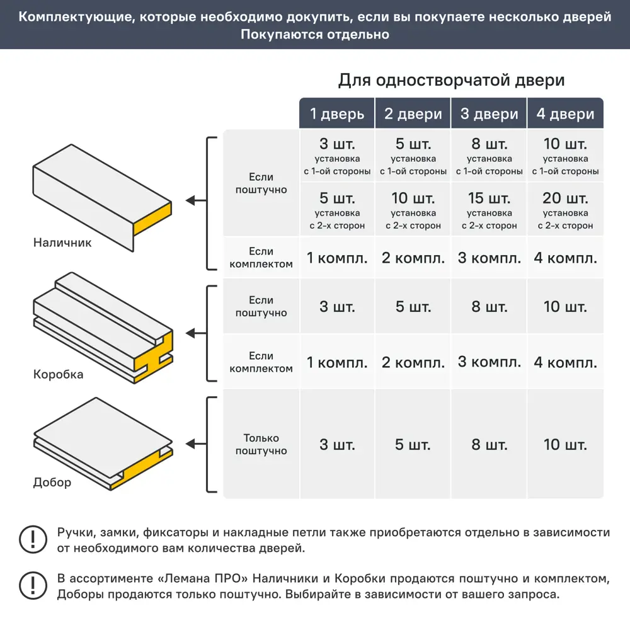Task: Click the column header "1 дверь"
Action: (x=337, y=114)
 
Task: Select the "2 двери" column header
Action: (x=413, y=114)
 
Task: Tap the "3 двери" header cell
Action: (x=489, y=114)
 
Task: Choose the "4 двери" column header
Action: (x=565, y=114)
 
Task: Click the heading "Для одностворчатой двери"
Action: (x=451, y=81)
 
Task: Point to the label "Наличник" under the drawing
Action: (x=62, y=243)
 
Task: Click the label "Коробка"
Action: (x=58, y=374)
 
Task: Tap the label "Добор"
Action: (x=52, y=483)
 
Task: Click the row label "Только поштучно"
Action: (x=261, y=444)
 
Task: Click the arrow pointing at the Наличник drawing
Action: (x=195, y=201)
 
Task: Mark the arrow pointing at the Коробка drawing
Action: (x=195, y=333)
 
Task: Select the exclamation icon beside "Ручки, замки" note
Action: (x=30, y=539)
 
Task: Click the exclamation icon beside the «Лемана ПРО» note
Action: (x=30, y=585)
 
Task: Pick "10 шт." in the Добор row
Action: (x=565, y=445)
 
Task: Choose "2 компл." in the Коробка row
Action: (x=413, y=363)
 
